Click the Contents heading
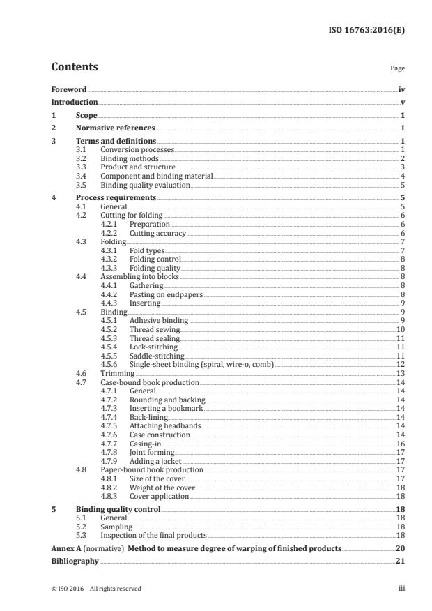75,68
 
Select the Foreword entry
69,90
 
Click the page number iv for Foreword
401,90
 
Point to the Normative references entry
115,128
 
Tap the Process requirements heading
116,198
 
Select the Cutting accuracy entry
158,233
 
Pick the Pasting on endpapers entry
166,294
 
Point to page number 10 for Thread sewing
401,329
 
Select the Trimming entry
117,374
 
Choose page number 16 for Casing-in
401,444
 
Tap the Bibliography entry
75,561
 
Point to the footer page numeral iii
401,589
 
